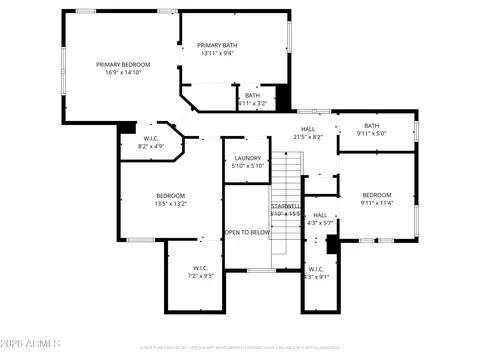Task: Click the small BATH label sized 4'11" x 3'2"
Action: coord(252,95)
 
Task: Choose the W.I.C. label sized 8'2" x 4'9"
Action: coord(150,138)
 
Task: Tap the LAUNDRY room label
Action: coord(247,158)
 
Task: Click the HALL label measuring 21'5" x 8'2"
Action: coord(309,129)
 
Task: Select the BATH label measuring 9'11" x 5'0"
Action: coord(371,125)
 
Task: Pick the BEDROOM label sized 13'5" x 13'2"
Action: coord(171,195)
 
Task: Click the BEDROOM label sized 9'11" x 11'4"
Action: coord(377,194)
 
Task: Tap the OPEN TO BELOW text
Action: coord(247,232)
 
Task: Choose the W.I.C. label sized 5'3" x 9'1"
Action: coord(316,268)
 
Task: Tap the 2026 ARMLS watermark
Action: coord(31,346)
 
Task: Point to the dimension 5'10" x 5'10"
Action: coord(247,166)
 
